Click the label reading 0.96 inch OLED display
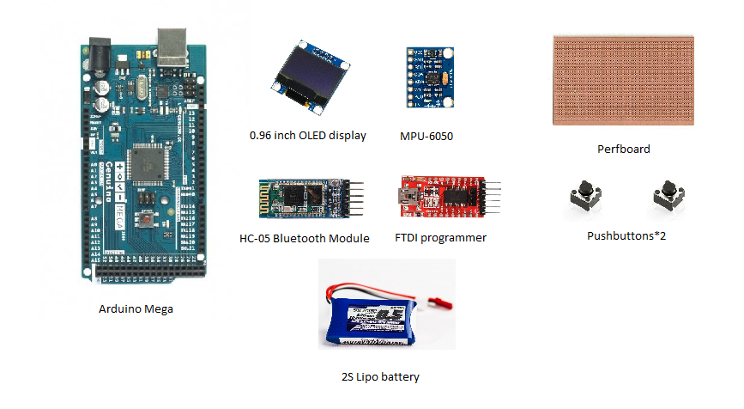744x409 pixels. click(x=307, y=136)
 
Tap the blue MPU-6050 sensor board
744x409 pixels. click(x=428, y=78)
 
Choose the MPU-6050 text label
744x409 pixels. click(x=426, y=136)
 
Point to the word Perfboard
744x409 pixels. click(x=623, y=149)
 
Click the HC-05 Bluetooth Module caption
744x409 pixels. click(x=305, y=238)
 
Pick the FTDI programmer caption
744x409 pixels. click(x=440, y=238)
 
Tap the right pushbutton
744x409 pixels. click(x=668, y=198)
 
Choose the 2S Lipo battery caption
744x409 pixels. click(x=380, y=376)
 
